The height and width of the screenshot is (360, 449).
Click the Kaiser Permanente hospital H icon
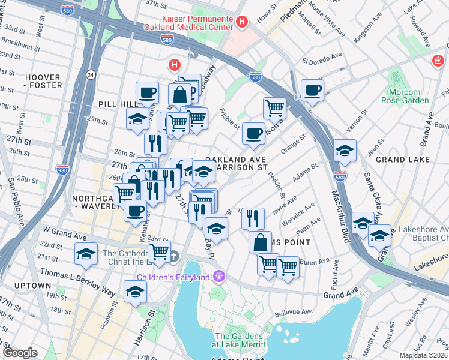pyautogui.click(x=242, y=22)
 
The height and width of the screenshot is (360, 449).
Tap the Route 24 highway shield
pyautogui.click(x=90, y=74)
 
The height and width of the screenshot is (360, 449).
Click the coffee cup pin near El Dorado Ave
pyautogui.click(x=312, y=91)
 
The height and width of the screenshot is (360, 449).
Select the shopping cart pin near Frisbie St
pyautogui.click(x=274, y=109)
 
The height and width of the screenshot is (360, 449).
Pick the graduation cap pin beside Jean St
pyautogui.click(x=345, y=151)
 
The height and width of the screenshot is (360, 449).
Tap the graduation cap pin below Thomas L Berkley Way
pyautogui.click(x=136, y=292)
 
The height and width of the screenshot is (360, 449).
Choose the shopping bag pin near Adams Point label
pyautogui.click(x=261, y=242)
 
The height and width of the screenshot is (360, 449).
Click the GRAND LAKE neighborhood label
pyautogui.click(x=402, y=160)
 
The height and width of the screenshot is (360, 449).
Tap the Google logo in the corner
pyautogui.click(x=20, y=353)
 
